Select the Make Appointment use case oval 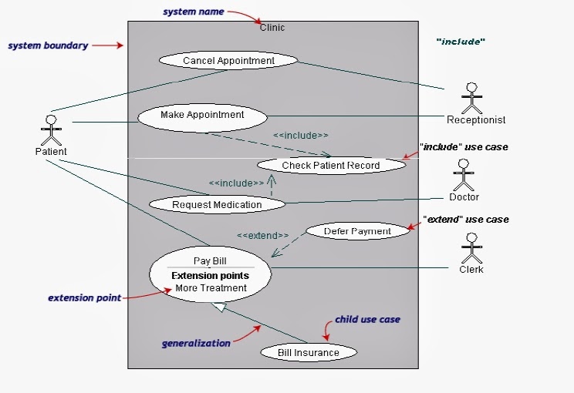202,116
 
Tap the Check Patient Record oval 330,165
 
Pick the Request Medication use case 217,204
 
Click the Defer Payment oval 357,231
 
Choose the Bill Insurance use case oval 309,352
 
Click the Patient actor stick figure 51,130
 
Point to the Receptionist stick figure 471,98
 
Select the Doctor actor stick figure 463,175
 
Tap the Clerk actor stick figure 471,248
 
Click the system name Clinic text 272,28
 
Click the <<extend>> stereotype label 262,235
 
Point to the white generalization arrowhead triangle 219,307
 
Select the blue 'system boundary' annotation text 49,45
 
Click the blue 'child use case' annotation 367,319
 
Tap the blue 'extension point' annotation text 84,297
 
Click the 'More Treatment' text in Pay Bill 211,288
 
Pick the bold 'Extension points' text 210,275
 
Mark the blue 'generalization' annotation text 196,343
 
